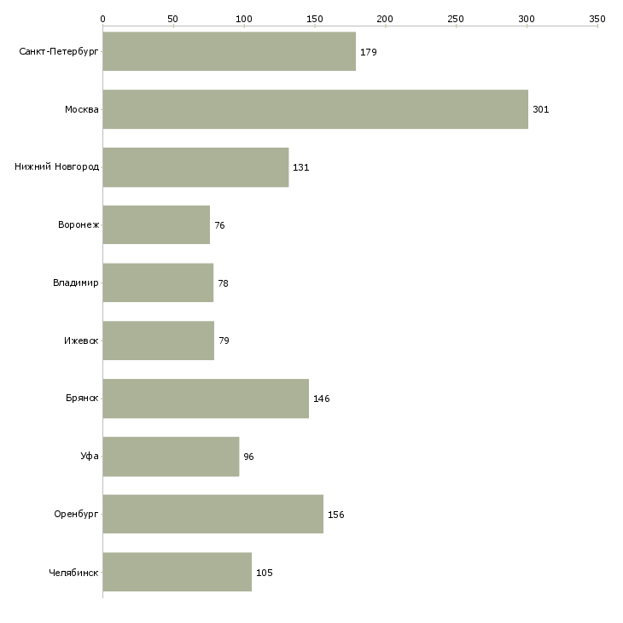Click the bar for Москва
click(x=315, y=109)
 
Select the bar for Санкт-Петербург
click(x=229, y=52)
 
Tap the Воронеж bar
click(x=156, y=225)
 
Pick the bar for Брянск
click(x=206, y=399)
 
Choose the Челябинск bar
click(x=177, y=572)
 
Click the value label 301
click(x=540, y=110)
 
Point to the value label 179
click(x=368, y=52)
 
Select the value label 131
click(x=300, y=167)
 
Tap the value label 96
click(x=248, y=457)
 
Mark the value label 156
click(x=335, y=515)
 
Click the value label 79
click(x=224, y=341)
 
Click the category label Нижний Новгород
click(x=56, y=167)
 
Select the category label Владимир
click(x=75, y=282)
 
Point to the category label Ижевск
click(x=81, y=341)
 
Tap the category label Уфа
click(x=90, y=457)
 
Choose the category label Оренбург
click(x=76, y=515)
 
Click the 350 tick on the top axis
click(x=597, y=18)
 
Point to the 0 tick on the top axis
click(x=102, y=18)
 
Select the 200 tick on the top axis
click(x=385, y=18)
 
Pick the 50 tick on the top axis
click(x=173, y=18)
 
